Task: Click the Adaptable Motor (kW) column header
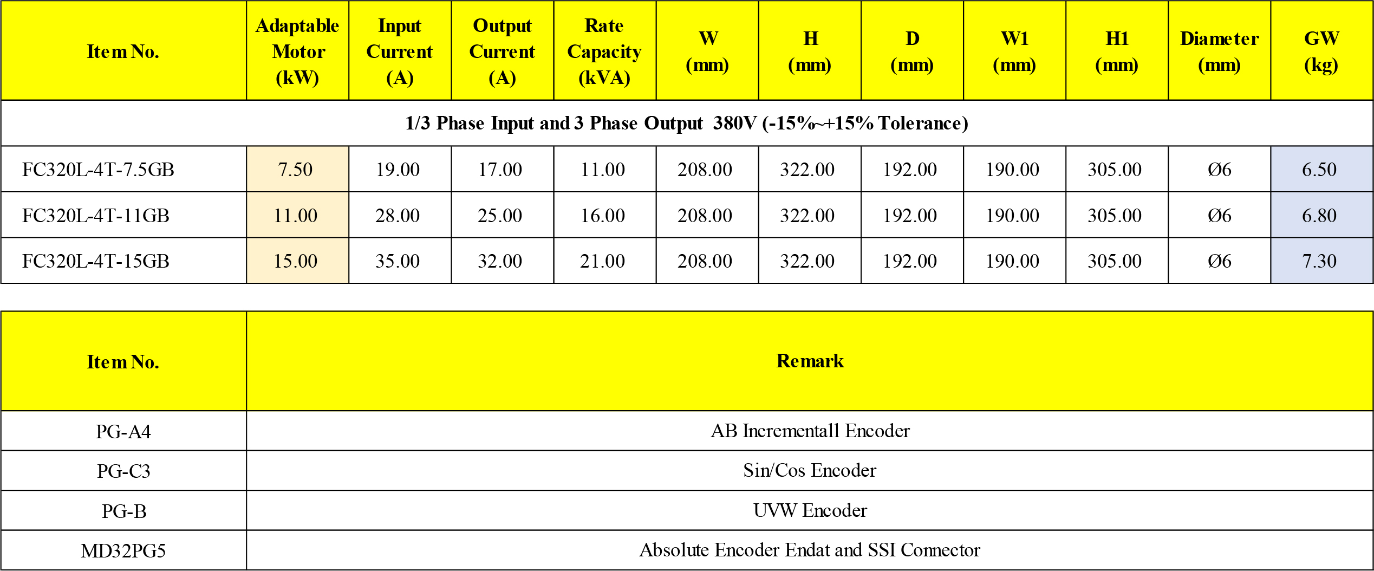click(297, 51)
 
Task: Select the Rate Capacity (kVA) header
click(604, 51)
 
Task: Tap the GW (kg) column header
click(1321, 51)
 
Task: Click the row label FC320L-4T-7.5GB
click(98, 170)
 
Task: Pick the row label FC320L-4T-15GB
click(96, 261)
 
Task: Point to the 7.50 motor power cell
click(296, 170)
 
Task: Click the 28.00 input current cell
click(398, 216)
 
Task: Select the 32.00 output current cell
click(500, 261)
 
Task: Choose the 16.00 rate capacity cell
click(603, 216)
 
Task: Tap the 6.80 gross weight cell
click(1319, 216)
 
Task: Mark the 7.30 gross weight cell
click(1319, 261)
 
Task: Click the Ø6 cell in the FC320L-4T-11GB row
click(1219, 216)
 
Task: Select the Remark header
click(810, 361)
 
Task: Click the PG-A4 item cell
click(123, 431)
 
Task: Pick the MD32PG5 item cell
click(123, 551)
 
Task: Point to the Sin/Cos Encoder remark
click(810, 470)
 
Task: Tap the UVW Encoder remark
click(810, 510)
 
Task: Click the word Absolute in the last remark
click(674, 550)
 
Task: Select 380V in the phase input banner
click(734, 124)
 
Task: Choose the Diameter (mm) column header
click(1219, 51)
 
